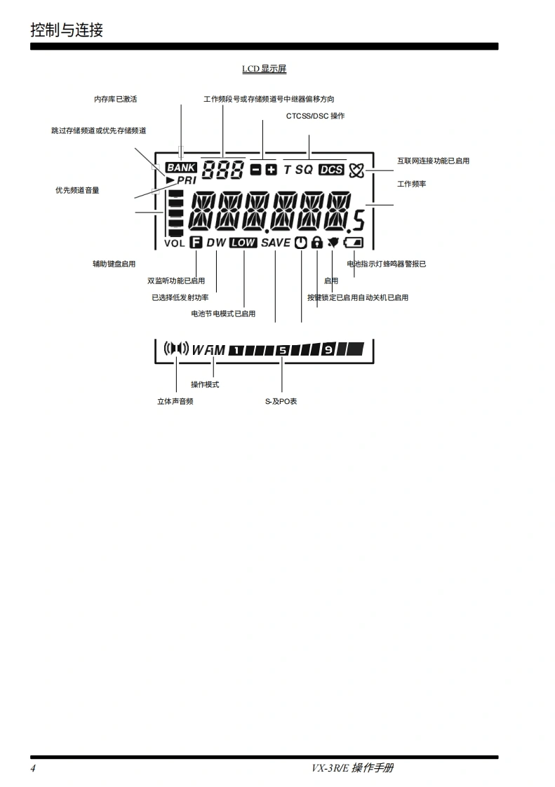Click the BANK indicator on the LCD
(181, 168)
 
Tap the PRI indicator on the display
(182, 180)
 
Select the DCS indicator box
(331, 170)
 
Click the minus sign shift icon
(256, 170)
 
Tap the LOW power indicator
(243, 243)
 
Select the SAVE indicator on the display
(275, 243)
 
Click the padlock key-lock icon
(316, 243)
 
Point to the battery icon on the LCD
(354, 243)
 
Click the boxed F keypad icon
(196, 243)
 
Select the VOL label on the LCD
(174, 243)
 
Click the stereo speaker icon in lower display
(176, 348)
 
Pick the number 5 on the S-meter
(282, 349)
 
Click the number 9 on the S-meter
(328, 349)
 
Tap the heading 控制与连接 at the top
(67, 29)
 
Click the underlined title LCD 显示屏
(264, 69)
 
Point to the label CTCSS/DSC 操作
(315, 116)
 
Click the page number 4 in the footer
(33, 768)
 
